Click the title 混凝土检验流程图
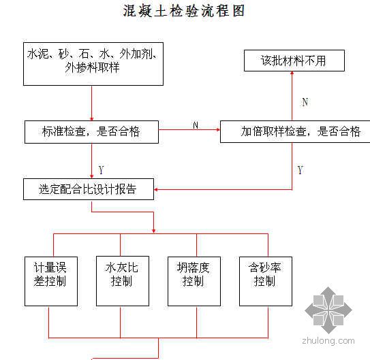point(183,11)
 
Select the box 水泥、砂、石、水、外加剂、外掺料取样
point(93,64)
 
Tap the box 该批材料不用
point(294,61)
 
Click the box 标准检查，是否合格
point(91,132)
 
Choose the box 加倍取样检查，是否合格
point(295,132)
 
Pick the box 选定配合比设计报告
point(89,189)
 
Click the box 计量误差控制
point(51,281)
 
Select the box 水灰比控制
point(123,281)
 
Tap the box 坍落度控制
point(194,281)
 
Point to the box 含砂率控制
point(266,281)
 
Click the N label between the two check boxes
point(196,125)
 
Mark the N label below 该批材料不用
point(305,102)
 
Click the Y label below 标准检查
point(102,170)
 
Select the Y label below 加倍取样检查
point(300,170)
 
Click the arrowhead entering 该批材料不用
point(292,73)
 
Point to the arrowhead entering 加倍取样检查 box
point(218,129)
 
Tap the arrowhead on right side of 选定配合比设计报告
point(156,189)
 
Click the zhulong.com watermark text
point(328,341)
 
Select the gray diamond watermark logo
point(328,310)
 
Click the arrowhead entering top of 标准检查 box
point(92,118)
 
